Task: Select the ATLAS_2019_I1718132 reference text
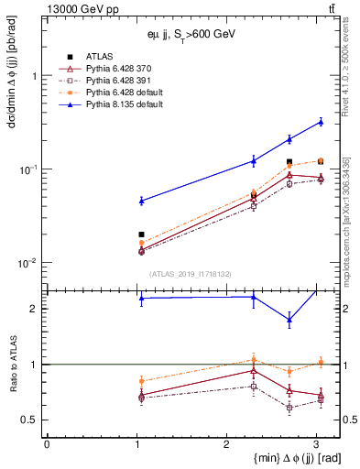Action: click(x=191, y=273)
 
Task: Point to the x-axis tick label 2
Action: click(x=226, y=443)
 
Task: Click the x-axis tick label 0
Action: click(x=47, y=443)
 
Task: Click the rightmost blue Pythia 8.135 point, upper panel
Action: click(x=321, y=121)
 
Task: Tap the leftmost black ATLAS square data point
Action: click(x=141, y=234)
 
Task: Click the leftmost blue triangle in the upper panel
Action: click(x=141, y=200)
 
